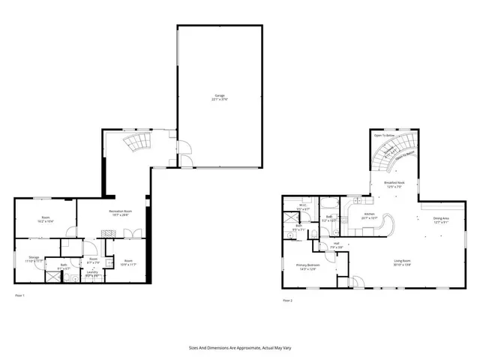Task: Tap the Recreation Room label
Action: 121,213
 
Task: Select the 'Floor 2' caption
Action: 287,300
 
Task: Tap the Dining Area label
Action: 442,220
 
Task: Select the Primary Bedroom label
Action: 308,266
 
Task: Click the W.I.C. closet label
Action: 302,207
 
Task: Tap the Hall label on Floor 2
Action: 337,244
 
